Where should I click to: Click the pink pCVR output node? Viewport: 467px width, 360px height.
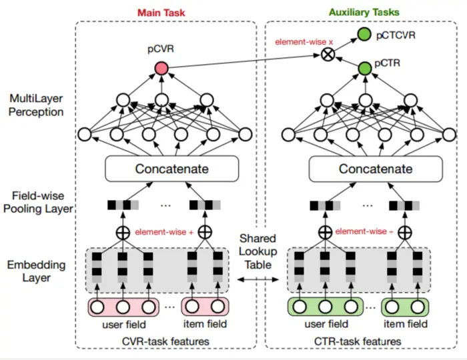point(161,69)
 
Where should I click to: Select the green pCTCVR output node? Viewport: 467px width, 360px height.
point(364,34)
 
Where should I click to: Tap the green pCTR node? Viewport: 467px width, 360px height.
point(365,69)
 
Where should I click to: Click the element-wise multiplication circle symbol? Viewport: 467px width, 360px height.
point(328,55)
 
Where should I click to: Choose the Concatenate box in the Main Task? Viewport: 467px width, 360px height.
point(172,169)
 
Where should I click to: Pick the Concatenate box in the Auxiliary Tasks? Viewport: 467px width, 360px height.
point(376,169)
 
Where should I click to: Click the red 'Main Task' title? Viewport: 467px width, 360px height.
point(161,13)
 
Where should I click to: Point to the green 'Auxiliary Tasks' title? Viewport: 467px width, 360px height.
point(364,12)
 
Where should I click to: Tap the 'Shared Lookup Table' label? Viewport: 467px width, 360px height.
point(258,251)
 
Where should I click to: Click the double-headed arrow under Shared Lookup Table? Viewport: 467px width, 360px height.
point(258,279)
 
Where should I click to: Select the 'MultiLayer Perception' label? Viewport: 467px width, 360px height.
point(36,105)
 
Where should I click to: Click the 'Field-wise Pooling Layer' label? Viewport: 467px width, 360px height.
point(38,202)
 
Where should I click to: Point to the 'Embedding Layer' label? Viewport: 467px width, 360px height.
point(36,271)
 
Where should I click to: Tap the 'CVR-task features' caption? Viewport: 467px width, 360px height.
point(165,341)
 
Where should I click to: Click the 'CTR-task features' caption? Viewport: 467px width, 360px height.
point(358,341)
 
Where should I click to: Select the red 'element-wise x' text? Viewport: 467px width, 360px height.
point(304,42)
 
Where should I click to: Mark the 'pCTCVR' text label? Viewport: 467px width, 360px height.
point(396,35)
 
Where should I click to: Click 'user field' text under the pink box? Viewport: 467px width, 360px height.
point(124,324)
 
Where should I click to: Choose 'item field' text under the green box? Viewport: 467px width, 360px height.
point(406,324)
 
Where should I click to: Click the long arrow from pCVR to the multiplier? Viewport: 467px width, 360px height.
point(244,61)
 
